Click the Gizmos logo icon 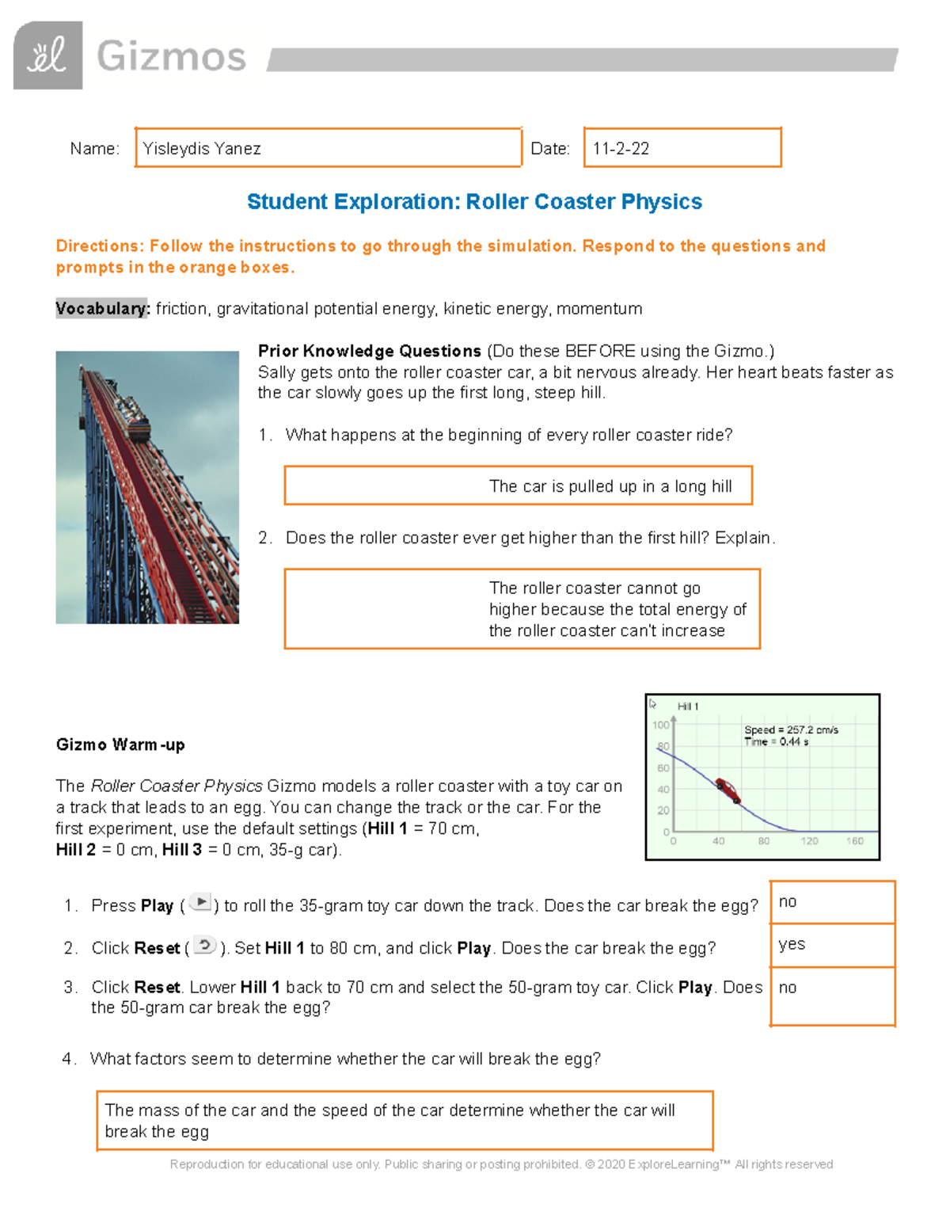tap(47, 55)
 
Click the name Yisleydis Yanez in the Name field tap(202, 149)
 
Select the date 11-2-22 tap(621, 149)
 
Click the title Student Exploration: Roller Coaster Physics tap(474, 202)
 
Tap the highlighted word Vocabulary tap(102, 309)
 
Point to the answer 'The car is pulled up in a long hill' tap(610, 486)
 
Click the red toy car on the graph tap(728, 790)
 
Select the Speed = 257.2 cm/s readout tap(790, 730)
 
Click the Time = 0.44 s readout tap(776, 742)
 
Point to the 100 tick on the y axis tap(660, 725)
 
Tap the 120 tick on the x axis tap(809, 841)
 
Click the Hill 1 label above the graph tap(688, 706)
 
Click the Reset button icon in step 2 tap(204, 946)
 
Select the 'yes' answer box tap(832, 945)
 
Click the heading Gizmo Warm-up tap(120, 744)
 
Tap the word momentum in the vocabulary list tap(599, 309)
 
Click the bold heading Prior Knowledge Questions tap(370, 351)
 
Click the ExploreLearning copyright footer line tap(501, 1164)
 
